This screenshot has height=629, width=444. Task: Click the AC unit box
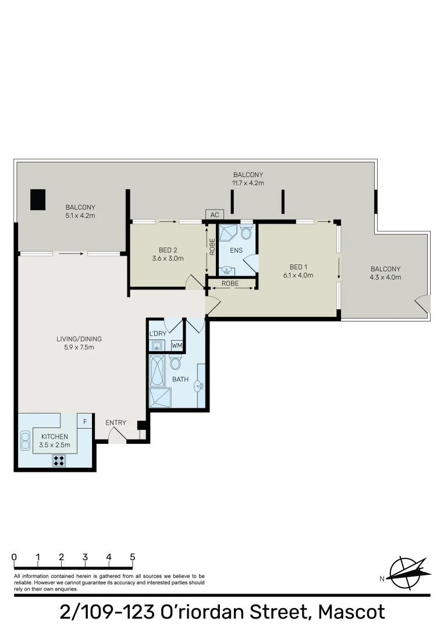214,215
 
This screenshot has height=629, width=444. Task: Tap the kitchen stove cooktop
59,461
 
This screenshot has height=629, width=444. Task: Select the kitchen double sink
26,440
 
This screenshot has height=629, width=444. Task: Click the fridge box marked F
85,421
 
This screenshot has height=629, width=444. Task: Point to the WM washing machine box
177,345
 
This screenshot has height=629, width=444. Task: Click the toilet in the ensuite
246,234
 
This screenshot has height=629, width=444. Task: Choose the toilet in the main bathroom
175,363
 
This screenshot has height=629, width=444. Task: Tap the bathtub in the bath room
157,370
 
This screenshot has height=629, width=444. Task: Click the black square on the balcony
38,200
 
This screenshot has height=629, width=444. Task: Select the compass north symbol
407,573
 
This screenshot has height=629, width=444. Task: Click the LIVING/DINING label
74,339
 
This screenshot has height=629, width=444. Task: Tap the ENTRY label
115,423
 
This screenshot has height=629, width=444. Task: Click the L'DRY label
158,333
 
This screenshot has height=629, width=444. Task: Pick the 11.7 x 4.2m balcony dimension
248,183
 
